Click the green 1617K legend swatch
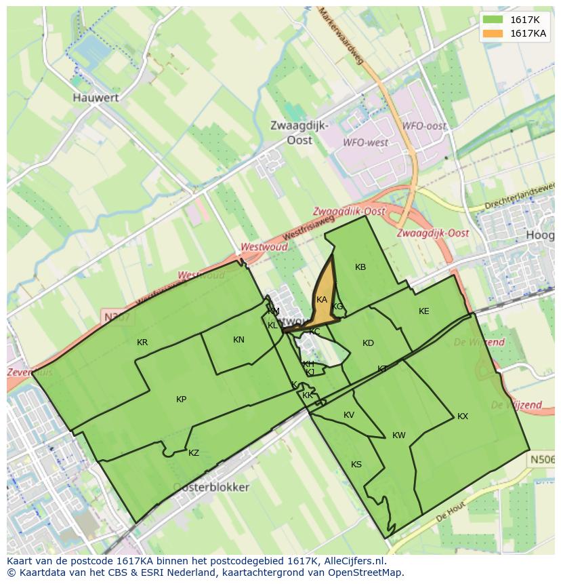tap(493, 20)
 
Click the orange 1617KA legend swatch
tap(493, 33)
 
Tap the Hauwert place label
tap(96, 98)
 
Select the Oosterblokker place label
tap(211, 487)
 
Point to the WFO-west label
tap(365, 143)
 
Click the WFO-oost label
tap(424, 126)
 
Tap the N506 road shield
tap(542, 460)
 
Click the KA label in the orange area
tap(322, 300)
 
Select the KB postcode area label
tap(360, 267)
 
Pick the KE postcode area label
tap(424, 311)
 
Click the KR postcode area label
tap(142, 343)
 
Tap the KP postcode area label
tap(181, 400)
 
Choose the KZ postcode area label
tap(194, 453)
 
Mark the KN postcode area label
tap(238, 340)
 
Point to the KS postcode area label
tap(356, 465)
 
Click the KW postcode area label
tap(399, 435)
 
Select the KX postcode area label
tap(463, 416)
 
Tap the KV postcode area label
tap(349, 415)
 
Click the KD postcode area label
tap(368, 343)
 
